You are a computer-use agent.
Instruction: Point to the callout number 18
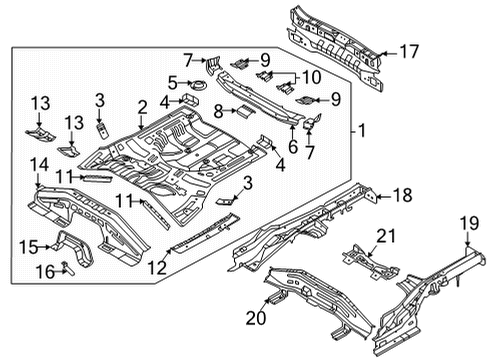click(x=400, y=196)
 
